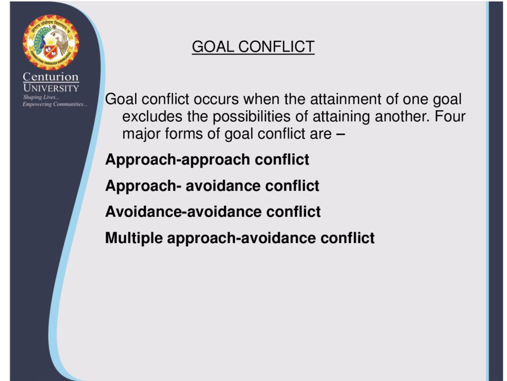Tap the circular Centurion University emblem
pyautogui.click(x=51, y=42)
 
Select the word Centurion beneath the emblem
pyautogui.click(x=51, y=77)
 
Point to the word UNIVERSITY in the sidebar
pyautogui.click(x=51, y=88)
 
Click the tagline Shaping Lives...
pyautogui.click(x=41, y=97)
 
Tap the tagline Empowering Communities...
pyautogui.click(x=54, y=104)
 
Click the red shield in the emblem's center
pyautogui.click(x=51, y=52)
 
